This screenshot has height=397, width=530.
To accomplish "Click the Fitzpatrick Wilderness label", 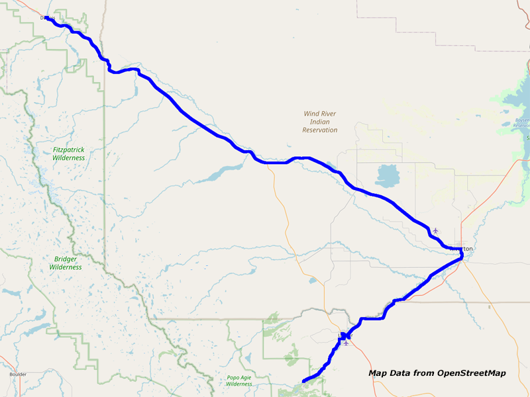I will point(69,154).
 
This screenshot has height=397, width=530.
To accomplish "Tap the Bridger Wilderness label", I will point(66,263).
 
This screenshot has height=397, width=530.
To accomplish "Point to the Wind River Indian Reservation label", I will point(320,122).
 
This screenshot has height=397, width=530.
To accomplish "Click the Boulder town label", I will point(17,375).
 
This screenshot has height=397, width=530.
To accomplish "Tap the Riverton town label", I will point(462,249).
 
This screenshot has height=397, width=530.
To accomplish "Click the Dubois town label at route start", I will point(47,18).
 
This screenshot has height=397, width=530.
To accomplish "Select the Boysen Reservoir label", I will point(521,124).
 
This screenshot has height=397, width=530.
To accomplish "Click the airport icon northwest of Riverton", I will point(435,230).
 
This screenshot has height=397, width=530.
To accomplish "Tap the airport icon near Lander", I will point(346,343).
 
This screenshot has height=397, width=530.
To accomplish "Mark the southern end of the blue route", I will point(303,381).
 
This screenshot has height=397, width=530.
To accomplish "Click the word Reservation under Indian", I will point(320,130).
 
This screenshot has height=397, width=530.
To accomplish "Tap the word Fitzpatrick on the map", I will point(69,150).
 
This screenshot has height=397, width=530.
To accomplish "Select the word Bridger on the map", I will point(66,259).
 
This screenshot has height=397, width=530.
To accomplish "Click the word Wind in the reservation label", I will point(311,114).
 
